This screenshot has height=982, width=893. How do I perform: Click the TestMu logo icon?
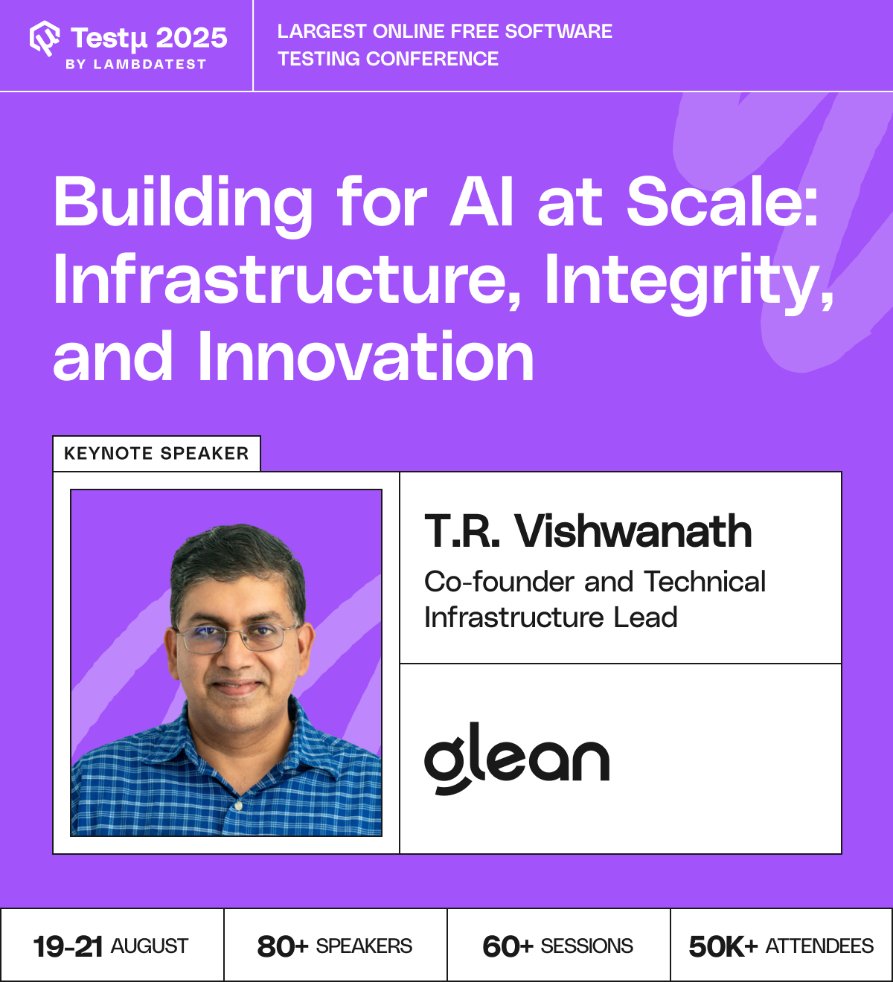tap(45, 38)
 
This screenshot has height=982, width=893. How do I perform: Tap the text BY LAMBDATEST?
tap(135, 64)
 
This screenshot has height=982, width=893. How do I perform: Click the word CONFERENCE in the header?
tap(432, 59)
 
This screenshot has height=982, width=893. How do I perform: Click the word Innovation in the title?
tap(365, 356)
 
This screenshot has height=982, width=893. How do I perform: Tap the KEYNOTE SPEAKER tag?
tap(156, 453)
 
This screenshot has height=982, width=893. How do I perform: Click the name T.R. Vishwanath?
tap(588, 531)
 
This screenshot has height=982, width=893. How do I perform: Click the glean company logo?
tap(516, 758)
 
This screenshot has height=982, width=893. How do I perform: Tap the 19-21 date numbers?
tap(68, 946)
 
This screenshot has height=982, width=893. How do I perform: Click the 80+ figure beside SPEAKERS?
tap(283, 946)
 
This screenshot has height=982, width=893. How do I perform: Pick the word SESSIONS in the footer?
tap(586, 946)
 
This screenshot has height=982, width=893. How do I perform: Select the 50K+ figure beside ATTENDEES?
tap(723, 946)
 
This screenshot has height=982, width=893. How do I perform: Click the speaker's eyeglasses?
tap(237, 638)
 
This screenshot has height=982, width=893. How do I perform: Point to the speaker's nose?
tap(236, 656)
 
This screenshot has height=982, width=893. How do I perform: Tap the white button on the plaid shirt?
tap(238, 805)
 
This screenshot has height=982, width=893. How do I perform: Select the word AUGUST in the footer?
tap(150, 946)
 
